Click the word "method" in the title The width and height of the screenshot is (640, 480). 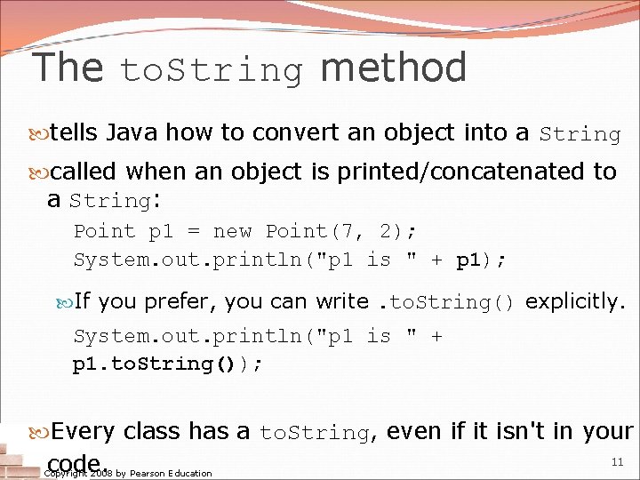point(394,68)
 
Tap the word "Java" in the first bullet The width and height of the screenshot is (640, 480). point(132,133)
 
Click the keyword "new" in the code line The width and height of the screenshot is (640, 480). point(233,232)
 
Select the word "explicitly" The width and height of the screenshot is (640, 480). point(575,302)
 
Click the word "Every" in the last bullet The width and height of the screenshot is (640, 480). point(83,432)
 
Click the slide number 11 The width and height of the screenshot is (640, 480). point(618,461)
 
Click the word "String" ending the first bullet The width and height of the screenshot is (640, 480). point(580,135)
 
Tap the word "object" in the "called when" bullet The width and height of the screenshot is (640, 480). point(266,172)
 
